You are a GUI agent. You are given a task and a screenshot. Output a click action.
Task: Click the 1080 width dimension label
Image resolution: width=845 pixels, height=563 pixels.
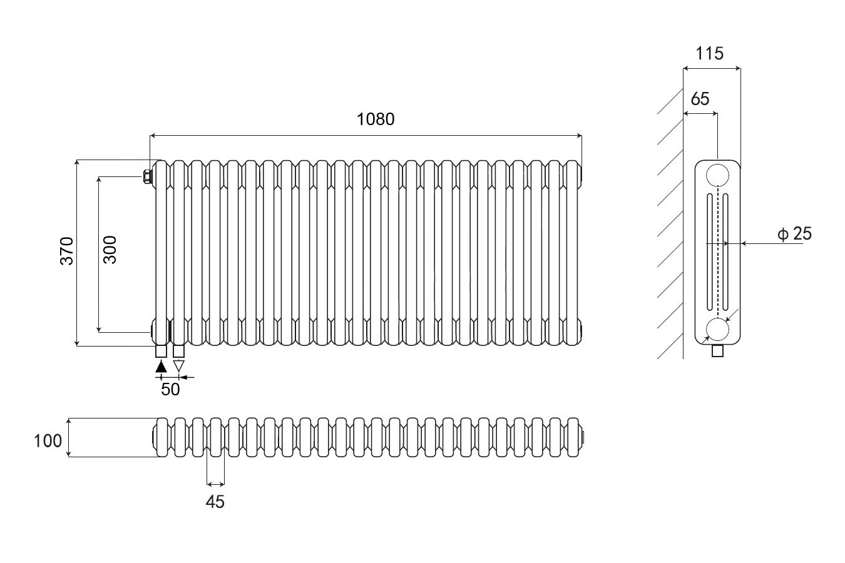(376, 119)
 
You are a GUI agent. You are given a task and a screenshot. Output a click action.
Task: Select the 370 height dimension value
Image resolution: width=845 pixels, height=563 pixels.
(67, 250)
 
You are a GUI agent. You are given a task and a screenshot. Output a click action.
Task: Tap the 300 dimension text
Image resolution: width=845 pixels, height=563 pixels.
(110, 249)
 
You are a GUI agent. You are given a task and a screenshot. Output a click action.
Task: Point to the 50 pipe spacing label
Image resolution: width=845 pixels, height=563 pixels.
(170, 389)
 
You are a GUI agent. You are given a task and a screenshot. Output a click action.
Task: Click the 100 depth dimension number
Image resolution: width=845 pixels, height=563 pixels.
(48, 441)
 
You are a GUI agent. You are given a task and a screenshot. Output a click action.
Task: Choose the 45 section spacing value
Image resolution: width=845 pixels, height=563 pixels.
(215, 502)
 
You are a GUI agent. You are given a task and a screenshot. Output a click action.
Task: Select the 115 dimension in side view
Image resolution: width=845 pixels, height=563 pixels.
(710, 53)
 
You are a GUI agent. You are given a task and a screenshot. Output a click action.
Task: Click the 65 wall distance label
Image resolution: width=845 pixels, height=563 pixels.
(700, 99)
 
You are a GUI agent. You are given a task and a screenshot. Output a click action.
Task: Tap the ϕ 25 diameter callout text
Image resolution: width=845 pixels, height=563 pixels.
(794, 234)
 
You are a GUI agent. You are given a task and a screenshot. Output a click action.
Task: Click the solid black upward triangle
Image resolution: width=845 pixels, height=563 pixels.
(161, 367)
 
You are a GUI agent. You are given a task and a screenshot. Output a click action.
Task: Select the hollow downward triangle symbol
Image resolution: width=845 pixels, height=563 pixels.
(179, 367)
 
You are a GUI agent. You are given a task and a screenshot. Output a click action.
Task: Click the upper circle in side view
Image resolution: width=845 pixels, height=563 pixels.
(717, 175)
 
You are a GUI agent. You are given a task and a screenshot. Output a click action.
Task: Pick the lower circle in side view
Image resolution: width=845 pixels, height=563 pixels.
(717, 329)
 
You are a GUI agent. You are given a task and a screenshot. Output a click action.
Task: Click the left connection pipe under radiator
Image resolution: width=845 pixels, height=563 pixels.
(161, 351)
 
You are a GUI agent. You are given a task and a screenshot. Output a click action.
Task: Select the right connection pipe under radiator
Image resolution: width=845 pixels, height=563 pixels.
(179, 351)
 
